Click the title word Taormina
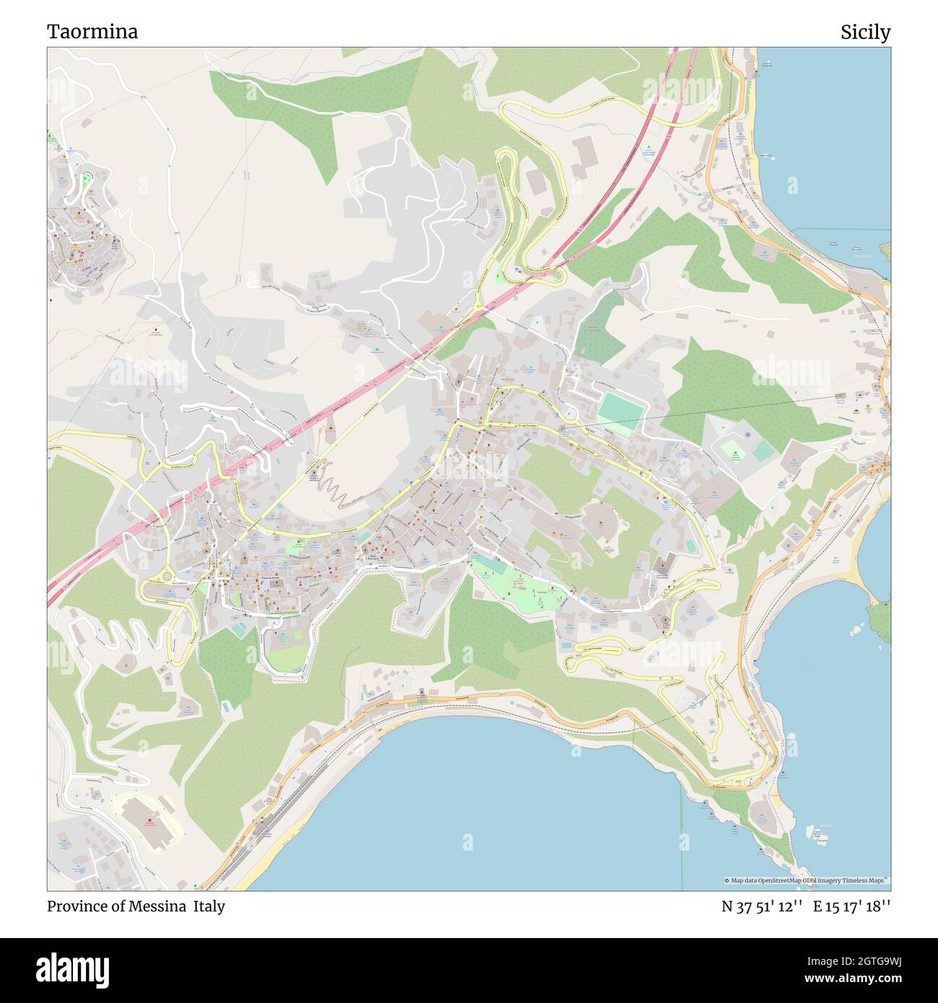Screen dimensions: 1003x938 coord(92,32)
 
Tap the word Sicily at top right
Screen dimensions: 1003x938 coord(864,32)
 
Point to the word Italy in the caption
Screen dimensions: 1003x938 coord(209,906)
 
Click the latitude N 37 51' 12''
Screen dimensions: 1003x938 coord(762,906)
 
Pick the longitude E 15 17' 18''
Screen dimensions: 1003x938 coord(851,906)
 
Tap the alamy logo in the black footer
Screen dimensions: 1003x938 coord(73,970)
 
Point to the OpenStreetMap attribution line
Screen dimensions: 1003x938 coord(807,880)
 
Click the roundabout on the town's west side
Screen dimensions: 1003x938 coord(168,575)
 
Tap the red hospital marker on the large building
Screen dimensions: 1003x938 coord(149,820)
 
